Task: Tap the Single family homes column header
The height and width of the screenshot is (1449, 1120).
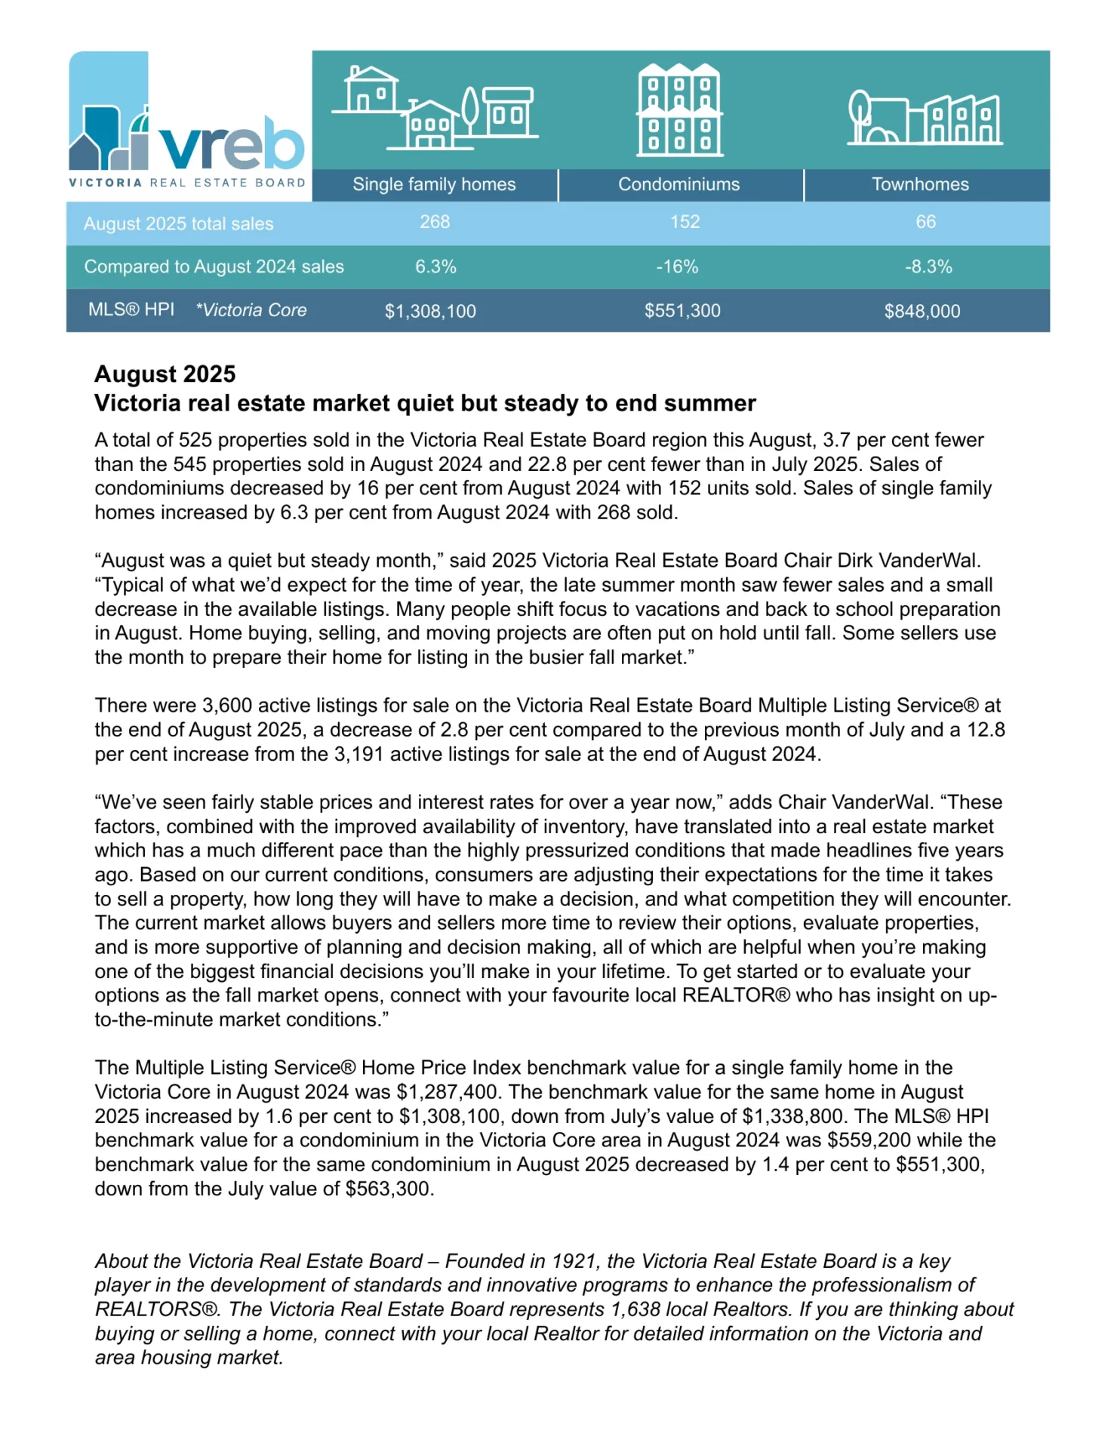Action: coord(434,184)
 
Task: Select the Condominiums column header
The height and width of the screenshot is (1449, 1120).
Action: coord(678,184)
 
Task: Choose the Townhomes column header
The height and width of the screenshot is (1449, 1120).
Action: coord(920,184)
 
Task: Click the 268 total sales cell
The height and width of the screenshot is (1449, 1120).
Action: coord(435,222)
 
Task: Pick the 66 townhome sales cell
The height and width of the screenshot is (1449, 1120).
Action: coord(925,222)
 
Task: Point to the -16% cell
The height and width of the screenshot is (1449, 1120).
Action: coord(677,266)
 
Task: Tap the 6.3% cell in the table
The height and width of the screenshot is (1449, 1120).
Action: coord(435,266)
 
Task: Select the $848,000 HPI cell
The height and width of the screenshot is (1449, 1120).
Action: coord(922,311)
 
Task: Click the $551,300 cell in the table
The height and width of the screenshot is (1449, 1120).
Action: coord(682,311)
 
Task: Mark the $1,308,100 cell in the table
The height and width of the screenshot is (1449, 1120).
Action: coord(430,311)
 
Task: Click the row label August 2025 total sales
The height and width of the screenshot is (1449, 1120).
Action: coord(178,224)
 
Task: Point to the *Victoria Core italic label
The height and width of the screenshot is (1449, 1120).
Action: coord(251,310)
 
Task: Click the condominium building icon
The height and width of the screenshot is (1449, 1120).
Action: coord(679,110)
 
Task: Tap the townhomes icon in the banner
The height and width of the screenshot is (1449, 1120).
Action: coord(925,118)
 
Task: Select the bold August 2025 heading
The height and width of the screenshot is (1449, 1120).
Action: coord(165,374)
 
